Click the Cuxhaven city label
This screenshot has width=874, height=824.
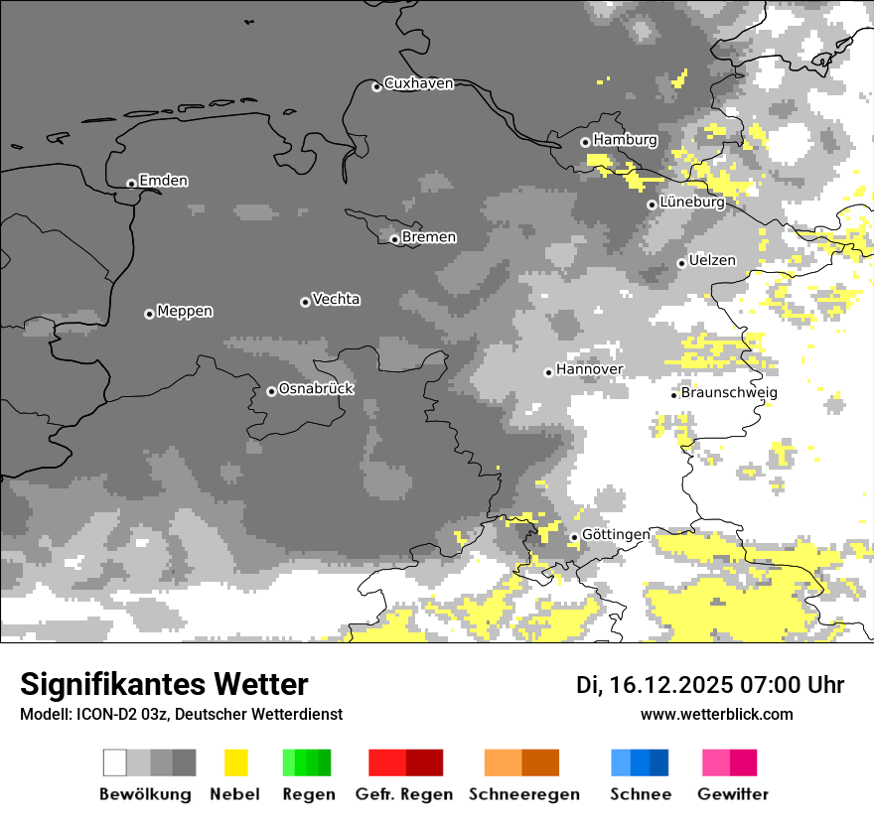pyautogui.click(x=418, y=83)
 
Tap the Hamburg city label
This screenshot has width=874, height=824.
pyautogui.click(x=625, y=140)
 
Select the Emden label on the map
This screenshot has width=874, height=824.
pyautogui.click(x=163, y=181)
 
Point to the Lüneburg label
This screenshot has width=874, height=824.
pyautogui.click(x=692, y=202)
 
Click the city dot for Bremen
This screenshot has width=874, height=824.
pyautogui.click(x=394, y=239)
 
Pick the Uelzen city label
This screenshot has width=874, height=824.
pyautogui.click(x=712, y=260)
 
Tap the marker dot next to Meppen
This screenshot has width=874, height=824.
pyautogui.click(x=149, y=314)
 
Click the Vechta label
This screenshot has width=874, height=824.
pyautogui.click(x=336, y=299)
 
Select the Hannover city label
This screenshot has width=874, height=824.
pyautogui.click(x=589, y=369)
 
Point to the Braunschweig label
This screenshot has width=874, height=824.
pyautogui.click(x=729, y=392)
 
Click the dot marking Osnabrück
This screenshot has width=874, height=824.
pyautogui.click(x=271, y=391)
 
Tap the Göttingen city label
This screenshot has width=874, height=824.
pyautogui.click(x=616, y=534)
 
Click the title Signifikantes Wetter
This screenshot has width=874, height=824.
pyautogui.click(x=164, y=684)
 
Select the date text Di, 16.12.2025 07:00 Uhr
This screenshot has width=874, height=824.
pyautogui.click(x=710, y=685)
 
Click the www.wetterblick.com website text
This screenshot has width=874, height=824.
pyautogui.click(x=716, y=714)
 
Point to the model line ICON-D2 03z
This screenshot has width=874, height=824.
pyautogui.click(x=181, y=714)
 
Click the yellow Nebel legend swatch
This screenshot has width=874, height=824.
pyautogui.click(x=235, y=762)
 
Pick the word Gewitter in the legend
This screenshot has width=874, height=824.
pyautogui.click(x=732, y=794)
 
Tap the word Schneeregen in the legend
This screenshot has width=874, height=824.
pyautogui.click(x=523, y=794)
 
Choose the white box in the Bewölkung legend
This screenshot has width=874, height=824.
pyautogui.click(x=115, y=762)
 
